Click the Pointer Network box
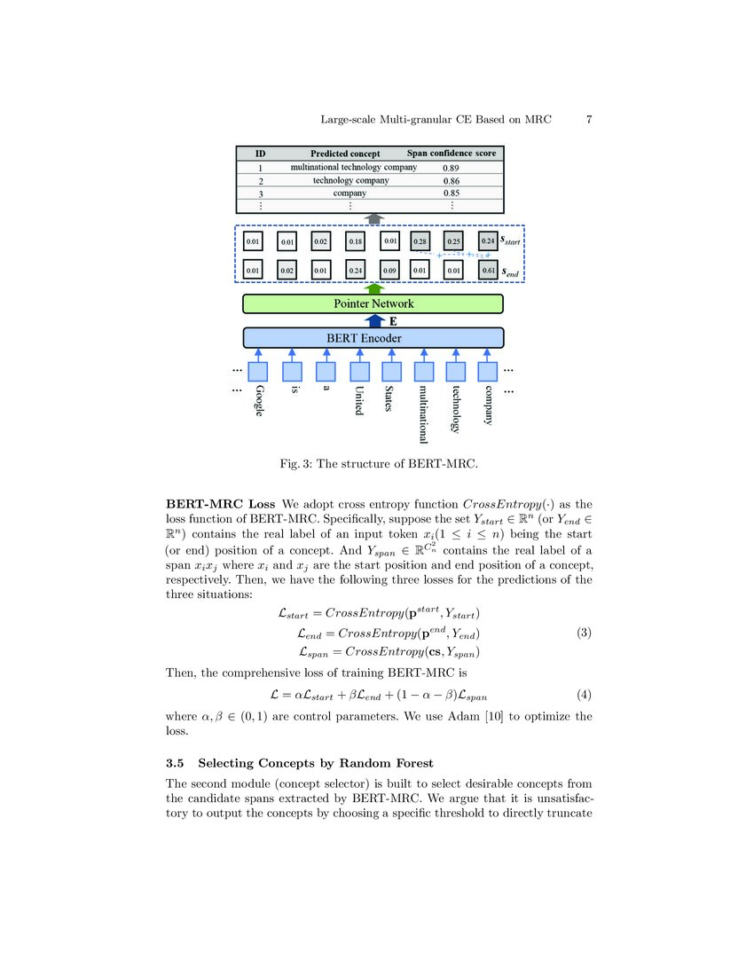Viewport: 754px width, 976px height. point(373,303)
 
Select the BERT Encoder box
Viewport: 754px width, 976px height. point(373,337)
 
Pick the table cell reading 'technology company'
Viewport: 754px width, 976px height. point(350,180)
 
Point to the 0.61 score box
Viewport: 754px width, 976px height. point(488,271)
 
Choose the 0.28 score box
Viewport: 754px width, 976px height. point(420,240)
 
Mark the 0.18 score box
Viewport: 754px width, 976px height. point(355,240)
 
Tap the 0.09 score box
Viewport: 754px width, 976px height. point(388,271)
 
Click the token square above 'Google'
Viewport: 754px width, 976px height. point(257,372)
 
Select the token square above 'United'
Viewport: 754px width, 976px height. point(358,372)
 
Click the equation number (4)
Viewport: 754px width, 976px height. point(584,695)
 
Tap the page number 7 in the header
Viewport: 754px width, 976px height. point(589,119)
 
